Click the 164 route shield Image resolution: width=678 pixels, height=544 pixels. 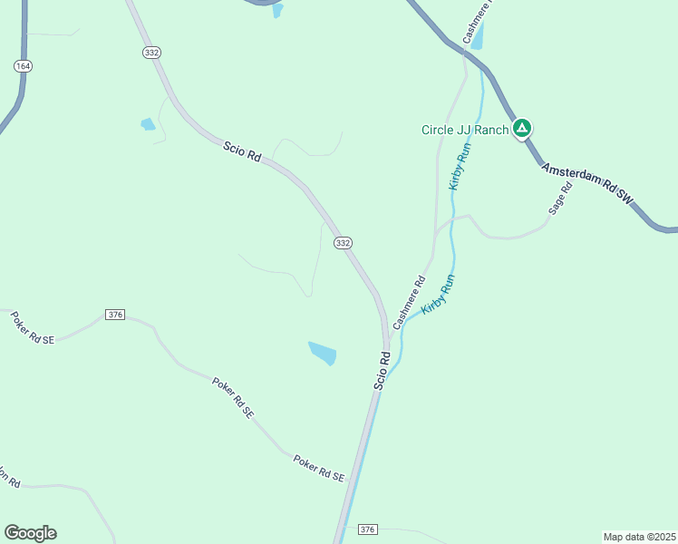click(23, 66)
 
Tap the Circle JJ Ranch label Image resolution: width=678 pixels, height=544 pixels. click(465, 130)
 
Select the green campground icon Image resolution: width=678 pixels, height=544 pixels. click(522, 129)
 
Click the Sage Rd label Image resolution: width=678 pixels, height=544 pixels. click(561, 198)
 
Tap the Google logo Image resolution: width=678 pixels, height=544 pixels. click(30, 533)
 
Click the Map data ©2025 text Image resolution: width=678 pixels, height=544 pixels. click(638, 536)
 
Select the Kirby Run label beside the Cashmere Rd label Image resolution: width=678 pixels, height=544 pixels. click(437, 296)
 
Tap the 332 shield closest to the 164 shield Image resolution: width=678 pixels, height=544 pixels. click(151, 53)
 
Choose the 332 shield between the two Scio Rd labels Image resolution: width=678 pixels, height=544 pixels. click(342, 243)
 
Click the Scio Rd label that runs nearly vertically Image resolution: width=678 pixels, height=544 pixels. click(383, 371)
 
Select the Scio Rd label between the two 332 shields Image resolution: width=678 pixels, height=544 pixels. click(242, 151)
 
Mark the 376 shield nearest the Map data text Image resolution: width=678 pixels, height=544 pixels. click(367, 529)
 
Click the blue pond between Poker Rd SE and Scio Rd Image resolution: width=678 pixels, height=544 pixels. click(323, 353)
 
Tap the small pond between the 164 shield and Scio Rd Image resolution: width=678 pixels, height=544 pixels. click(148, 124)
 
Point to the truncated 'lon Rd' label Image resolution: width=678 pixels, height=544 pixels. click(9, 477)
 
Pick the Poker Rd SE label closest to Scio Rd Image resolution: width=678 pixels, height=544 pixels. click(319, 469)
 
